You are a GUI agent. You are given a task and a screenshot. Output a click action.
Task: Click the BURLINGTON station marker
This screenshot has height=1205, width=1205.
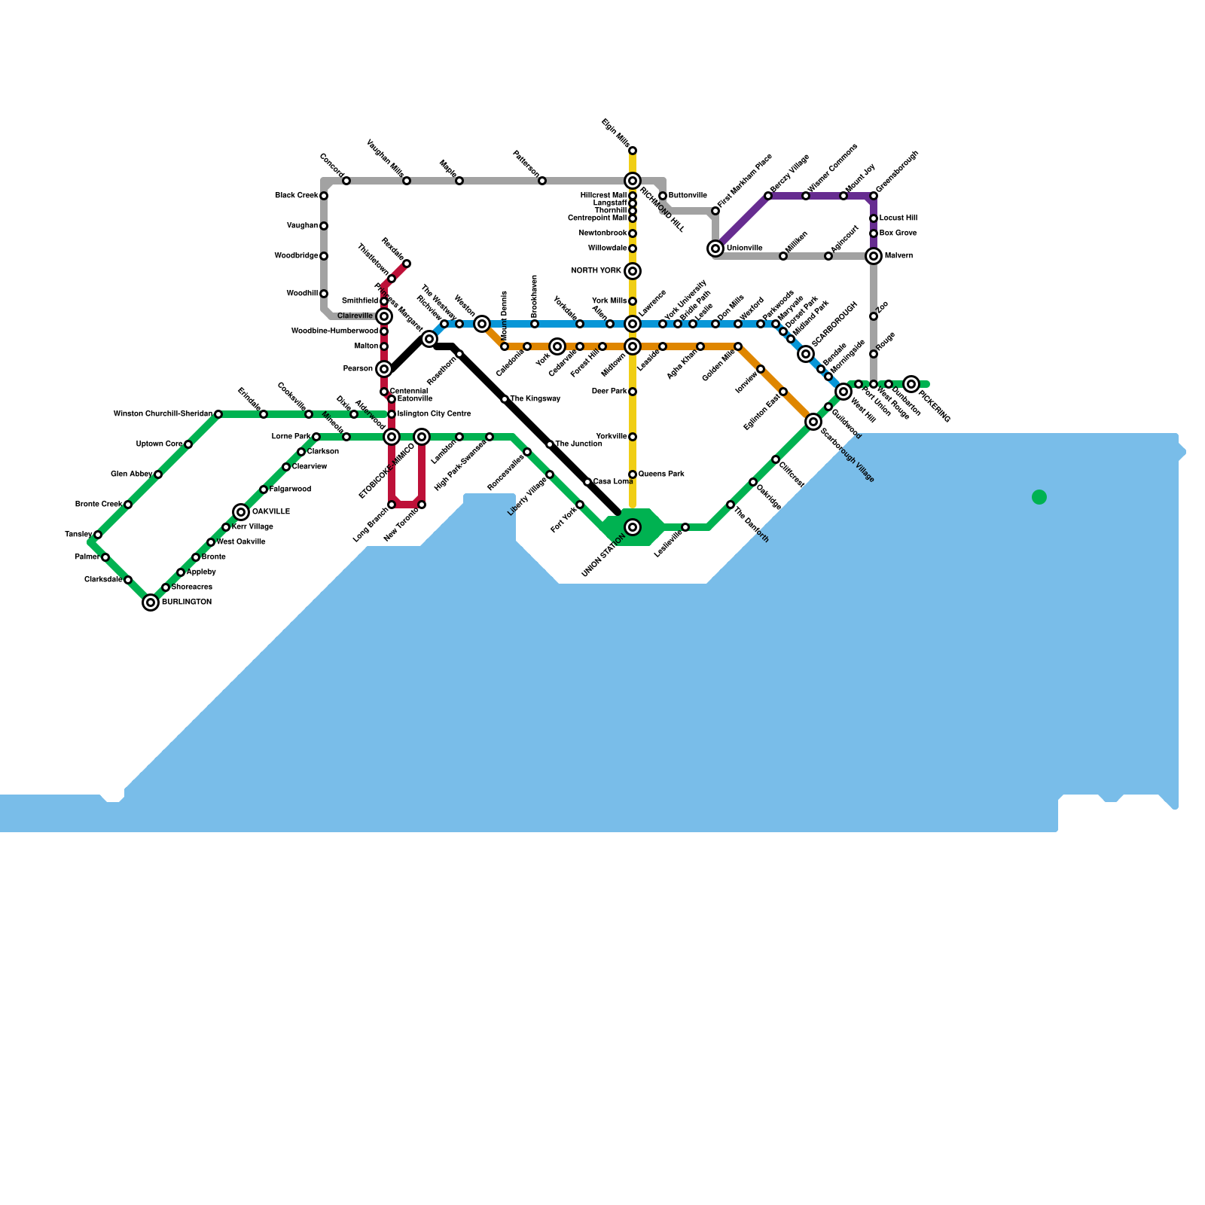point(151,602)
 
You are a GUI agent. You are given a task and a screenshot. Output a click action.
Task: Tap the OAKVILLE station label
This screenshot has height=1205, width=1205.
point(270,512)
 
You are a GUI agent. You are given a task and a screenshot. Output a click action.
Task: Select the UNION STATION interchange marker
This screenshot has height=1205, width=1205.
point(633,527)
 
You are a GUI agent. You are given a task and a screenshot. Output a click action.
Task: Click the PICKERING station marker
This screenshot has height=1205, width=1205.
point(911,384)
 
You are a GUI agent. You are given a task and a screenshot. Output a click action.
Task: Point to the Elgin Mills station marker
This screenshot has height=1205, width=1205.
point(633,151)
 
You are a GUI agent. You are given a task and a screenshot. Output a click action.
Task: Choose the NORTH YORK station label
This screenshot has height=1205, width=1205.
point(596,271)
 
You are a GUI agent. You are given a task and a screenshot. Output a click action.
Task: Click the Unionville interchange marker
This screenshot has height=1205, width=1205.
point(715,249)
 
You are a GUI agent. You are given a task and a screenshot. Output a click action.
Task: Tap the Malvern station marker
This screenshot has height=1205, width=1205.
point(874,256)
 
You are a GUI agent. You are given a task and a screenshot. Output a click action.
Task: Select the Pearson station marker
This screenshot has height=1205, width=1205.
point(384,369)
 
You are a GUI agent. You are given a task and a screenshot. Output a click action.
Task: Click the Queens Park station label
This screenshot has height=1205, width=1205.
point(661,474)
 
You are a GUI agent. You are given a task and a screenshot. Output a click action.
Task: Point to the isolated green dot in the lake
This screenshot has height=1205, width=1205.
point(1039,497)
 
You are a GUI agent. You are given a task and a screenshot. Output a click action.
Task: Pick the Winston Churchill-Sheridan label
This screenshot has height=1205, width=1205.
point(163,414)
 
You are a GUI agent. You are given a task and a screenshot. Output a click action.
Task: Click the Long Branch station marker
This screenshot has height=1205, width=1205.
point(392,505)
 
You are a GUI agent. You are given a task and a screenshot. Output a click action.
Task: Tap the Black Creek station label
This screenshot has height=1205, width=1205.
point(296,196)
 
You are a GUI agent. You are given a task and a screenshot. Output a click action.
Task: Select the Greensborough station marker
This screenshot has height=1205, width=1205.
point(874,196)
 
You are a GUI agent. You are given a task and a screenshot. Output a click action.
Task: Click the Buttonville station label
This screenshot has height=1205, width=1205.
point(688,196)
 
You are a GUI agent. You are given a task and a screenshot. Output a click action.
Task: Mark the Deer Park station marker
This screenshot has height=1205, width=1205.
point(633,392)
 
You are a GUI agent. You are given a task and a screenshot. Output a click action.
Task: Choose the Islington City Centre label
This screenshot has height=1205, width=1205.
point(434,414)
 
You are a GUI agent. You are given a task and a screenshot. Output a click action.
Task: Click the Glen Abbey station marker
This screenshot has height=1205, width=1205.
point(158,474)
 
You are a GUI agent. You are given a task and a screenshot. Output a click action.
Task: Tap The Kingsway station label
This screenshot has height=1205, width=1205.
point(535,399)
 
